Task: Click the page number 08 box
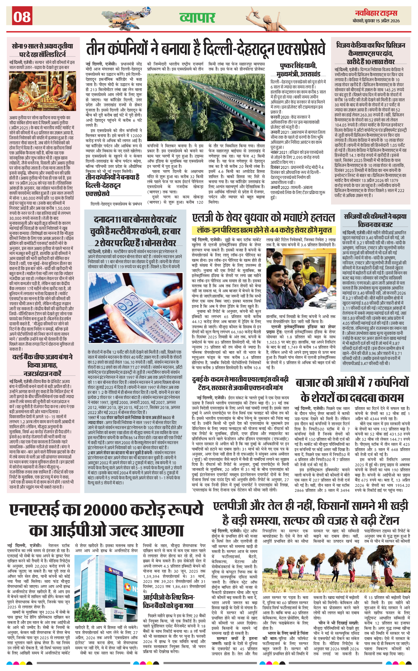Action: point(22,16)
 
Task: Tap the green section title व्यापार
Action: point(197,17)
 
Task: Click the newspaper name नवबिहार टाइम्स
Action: point(376,13)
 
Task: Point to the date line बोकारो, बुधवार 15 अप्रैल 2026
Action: point(376,21)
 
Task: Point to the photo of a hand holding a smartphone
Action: point(135,308)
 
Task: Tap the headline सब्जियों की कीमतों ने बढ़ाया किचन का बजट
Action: point(375,220)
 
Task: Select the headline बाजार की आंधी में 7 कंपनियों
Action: point(352,390)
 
